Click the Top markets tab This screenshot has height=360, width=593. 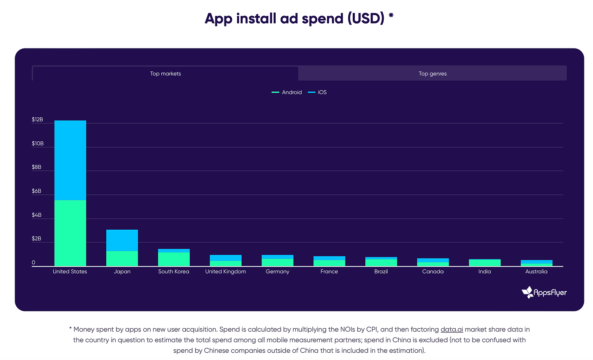[x=165, y=74]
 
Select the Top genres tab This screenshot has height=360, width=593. [x=433, y=74]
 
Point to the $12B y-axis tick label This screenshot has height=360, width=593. [x=37, y=120]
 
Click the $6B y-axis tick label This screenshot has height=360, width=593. [x=37, y=191]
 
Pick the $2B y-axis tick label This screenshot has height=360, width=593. [x=37, y=239]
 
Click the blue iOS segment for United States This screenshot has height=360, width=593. [x=70, y=160]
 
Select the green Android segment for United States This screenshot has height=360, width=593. [x=70, y=233]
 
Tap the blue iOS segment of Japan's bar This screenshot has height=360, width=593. [x=122, y=240]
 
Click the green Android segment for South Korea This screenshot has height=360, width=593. [x=174, y=259]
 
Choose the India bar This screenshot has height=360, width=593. [x=485, y=263]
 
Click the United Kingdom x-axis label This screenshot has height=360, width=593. [x=226, y=272]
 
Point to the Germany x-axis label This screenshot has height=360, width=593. [x=277, y=272]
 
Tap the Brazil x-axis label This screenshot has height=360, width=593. [x=381, y=272]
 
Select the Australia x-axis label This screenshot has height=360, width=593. [x=536, y=272]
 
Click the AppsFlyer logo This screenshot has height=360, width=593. [x=544, y=292]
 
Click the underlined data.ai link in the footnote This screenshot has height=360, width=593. [x=452, y=329]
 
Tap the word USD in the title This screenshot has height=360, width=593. [x=365, y=18]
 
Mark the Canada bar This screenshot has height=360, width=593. [x=433, y=262]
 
